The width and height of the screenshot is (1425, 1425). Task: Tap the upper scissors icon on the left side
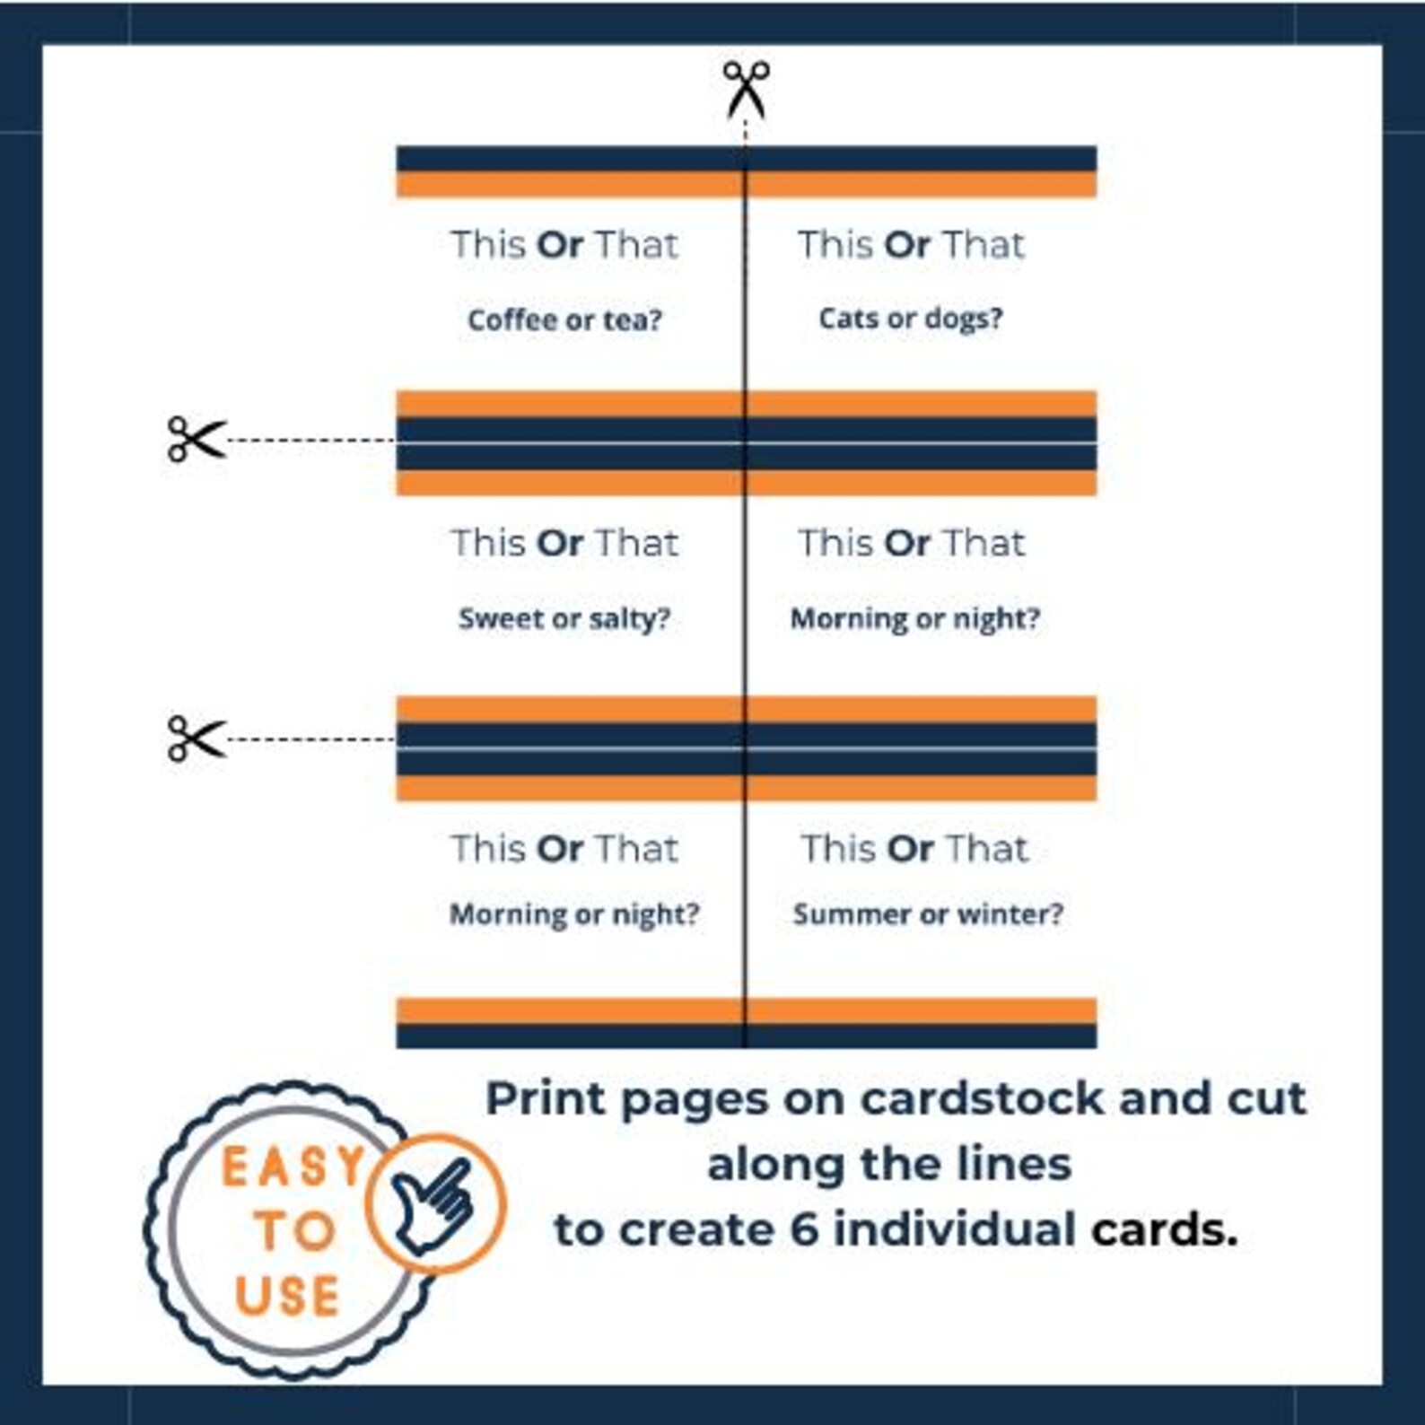point(197,439)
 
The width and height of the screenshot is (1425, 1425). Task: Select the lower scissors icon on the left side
point(197,739)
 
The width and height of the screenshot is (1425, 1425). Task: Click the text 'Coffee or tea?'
point(564,319)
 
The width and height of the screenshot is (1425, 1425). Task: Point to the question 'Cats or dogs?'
point(910,318)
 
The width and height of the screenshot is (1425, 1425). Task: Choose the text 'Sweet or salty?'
point(564,618)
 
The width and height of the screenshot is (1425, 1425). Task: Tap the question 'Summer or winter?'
point(927,914)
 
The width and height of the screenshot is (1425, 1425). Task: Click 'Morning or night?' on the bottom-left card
point(573,914)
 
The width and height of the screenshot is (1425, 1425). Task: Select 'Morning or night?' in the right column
point(914,618)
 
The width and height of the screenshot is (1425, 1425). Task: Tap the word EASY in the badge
point(292,1167)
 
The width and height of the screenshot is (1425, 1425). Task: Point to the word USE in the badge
point(287,1296)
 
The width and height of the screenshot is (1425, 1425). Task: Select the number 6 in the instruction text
point(804,1228)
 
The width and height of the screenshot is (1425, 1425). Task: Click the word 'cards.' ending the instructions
point(1164,1228)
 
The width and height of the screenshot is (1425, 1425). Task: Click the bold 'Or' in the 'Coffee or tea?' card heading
point(560,244)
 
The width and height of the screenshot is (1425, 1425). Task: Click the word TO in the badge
point(295,1230)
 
